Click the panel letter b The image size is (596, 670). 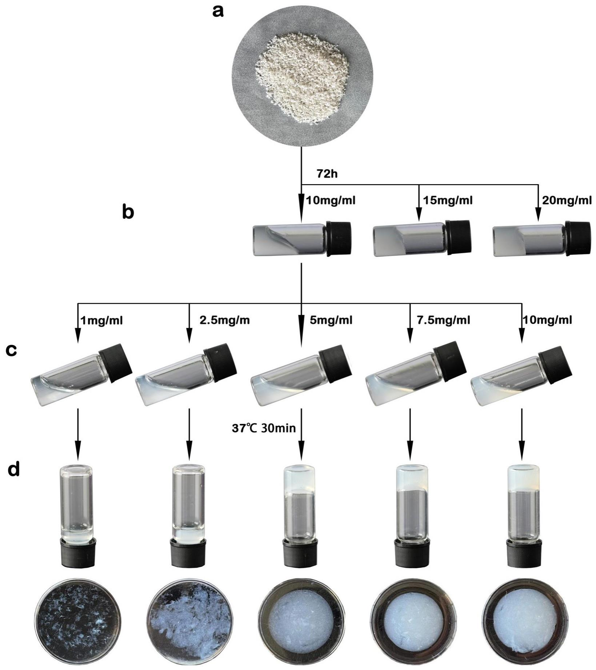[x=128, y=212]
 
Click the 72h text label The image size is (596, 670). [x=327, y=174]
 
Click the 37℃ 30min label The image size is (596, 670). [x=264, y=428]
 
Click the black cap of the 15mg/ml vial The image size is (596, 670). [x=459, y=238]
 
